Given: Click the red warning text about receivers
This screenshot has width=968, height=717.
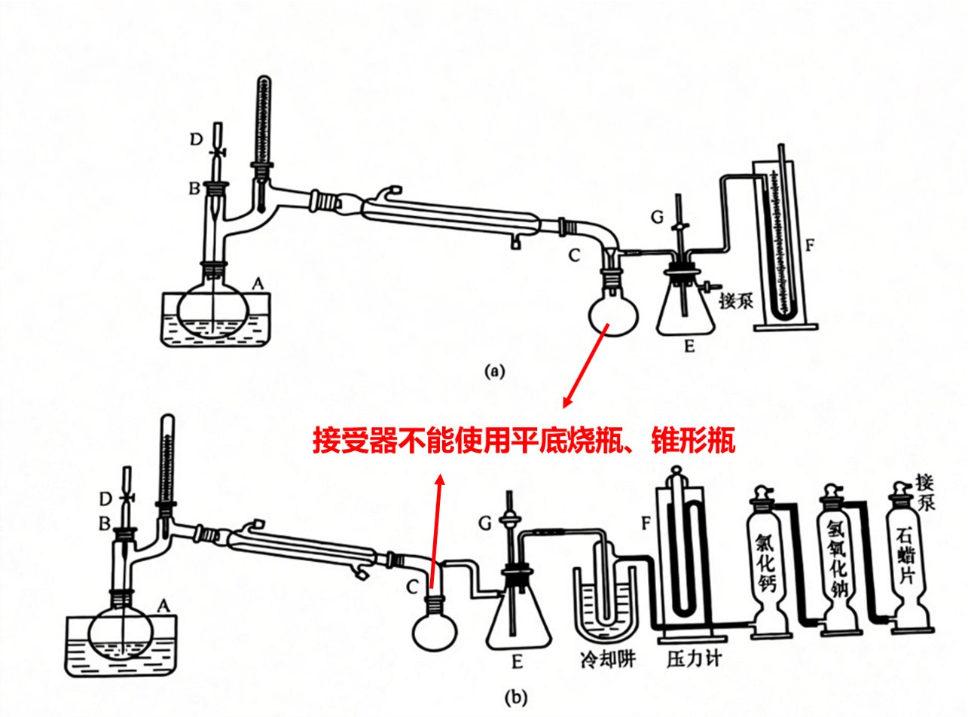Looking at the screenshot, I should (524, 440).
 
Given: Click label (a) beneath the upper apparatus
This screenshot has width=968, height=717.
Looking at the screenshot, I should (494, 371).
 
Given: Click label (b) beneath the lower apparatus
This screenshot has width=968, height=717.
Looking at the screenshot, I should (515, 698).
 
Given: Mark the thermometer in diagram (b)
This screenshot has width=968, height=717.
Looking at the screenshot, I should (165, 467).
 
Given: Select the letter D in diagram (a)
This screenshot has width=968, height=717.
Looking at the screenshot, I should (196, 139).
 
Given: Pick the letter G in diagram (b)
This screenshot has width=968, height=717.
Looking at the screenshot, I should (486, 521).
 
